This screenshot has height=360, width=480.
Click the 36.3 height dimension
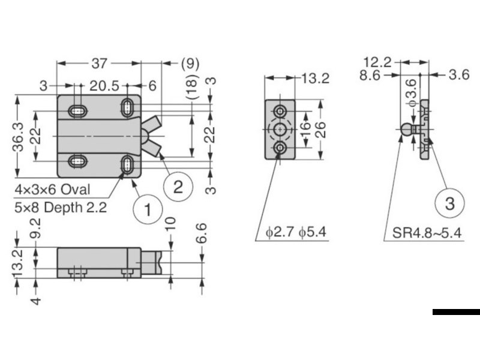18,136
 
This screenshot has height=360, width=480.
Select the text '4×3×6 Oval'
53,190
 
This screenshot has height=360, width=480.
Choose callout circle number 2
177,187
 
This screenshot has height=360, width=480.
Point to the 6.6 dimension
202,233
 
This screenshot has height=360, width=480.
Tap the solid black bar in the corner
455,311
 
